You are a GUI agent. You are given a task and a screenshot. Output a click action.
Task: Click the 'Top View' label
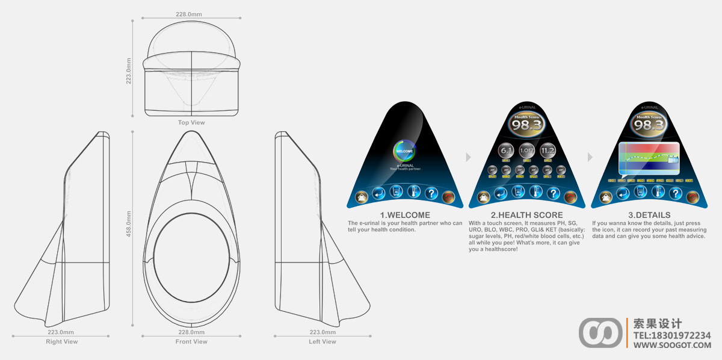coord(191,123)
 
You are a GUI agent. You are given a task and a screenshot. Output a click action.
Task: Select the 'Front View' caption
coord(191,342)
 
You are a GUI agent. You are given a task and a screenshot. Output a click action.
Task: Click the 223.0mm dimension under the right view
coord(61,332)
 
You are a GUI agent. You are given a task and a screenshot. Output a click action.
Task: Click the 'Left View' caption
coord(322,342)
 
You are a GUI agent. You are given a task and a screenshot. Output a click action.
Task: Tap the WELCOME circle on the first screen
coord(404,151)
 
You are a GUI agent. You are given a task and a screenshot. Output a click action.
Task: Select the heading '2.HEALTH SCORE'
coord(526,215)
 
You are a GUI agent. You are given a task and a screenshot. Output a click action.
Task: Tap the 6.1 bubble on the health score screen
coord(506,151)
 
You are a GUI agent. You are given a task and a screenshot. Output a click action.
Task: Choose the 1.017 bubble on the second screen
coord(526,151)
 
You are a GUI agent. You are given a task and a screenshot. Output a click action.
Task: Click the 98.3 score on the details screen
coord(649,125)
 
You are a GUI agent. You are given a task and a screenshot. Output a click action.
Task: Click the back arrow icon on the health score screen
coord(501,193)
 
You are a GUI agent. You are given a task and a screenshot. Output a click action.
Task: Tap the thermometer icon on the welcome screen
coord(413,192)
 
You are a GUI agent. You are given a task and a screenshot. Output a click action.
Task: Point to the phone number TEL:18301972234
coord(672,335)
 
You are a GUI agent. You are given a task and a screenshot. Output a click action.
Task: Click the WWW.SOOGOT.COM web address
coord(672,345)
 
